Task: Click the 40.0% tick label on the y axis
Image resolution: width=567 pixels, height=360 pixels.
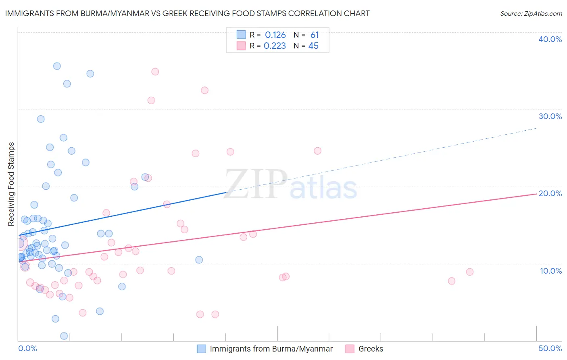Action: tap(550, 39)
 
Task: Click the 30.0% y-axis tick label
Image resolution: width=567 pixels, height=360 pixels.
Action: tap(550, 116)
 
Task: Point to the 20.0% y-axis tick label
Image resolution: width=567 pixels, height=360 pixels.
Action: tap(550, 193)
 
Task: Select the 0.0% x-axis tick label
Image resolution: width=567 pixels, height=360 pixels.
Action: tap(27, 348)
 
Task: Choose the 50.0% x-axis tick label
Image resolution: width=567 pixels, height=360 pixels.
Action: tap(550, 348)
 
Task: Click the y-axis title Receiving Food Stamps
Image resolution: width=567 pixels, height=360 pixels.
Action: tap(11, 184)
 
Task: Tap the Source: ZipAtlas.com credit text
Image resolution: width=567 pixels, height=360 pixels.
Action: tap(531, 13)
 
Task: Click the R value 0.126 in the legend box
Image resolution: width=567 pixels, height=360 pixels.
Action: tap(275, 35)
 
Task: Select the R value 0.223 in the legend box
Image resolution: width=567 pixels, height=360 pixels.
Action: tap(275, 46)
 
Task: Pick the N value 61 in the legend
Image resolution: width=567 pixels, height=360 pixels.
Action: tap(315, 35)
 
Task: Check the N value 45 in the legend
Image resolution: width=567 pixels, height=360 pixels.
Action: tap(313, 46)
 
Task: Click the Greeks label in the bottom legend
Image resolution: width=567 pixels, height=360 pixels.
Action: tap(371, 349)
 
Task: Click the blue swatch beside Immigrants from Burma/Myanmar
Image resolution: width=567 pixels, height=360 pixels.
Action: tap(201, 349)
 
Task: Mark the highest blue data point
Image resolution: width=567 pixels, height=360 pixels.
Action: tap(57, 66)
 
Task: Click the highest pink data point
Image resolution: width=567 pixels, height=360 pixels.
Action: tap(155, 72)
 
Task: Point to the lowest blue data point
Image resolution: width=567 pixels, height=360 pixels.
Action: tap(64, 336)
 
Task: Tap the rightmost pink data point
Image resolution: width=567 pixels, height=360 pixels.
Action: tap(469, 272)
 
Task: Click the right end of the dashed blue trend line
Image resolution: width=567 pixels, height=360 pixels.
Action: tap(537, 128)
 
